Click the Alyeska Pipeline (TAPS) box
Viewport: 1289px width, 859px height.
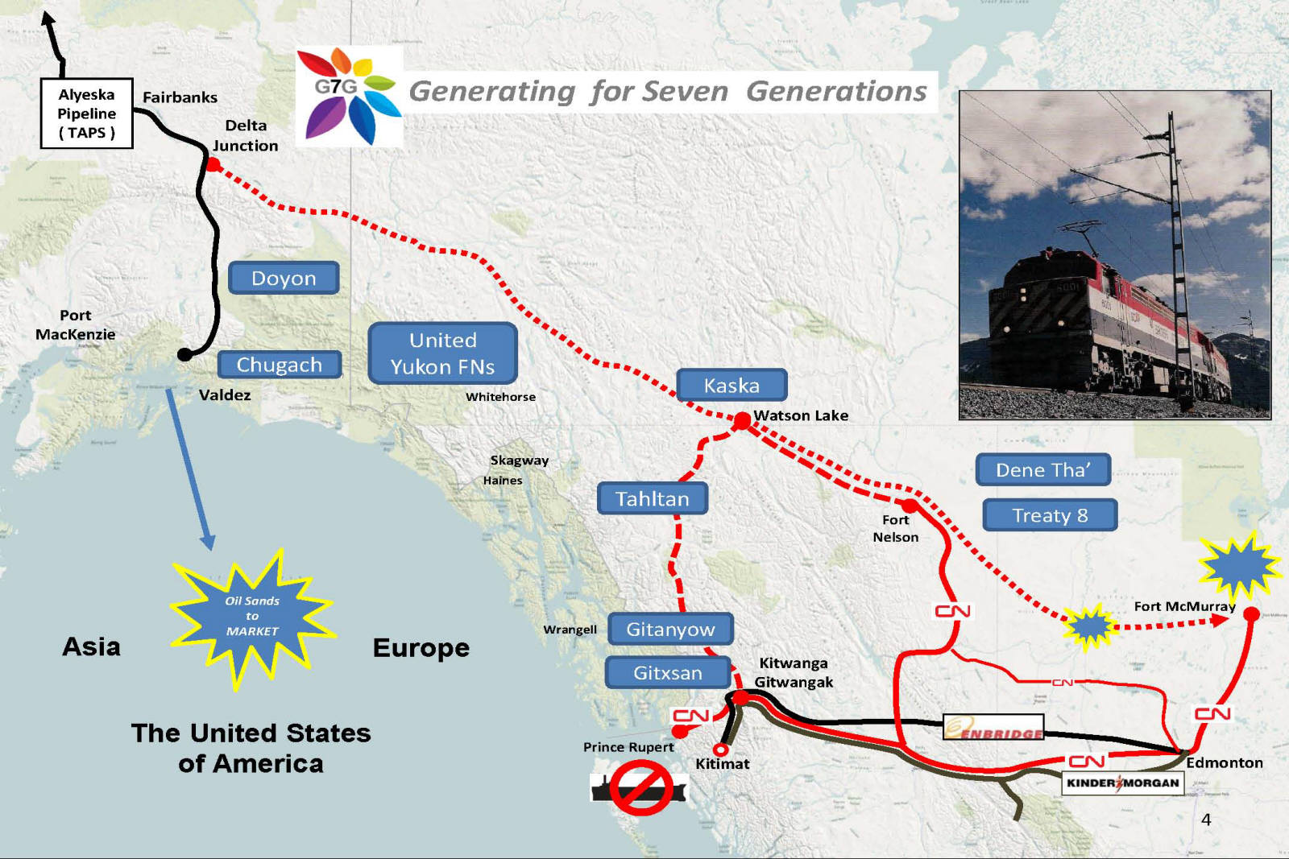(86, 114)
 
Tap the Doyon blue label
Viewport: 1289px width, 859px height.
(284, 278)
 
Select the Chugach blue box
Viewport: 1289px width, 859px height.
(279, 365)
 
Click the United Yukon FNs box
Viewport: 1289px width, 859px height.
(442, 353)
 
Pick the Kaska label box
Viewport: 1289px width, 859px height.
(732, 385)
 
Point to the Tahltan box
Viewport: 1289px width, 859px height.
(653, 498)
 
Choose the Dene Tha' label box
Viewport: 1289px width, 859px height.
(1043, 469)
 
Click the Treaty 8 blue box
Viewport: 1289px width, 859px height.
(1050, 515)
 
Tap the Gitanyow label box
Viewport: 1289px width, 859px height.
(670, 629)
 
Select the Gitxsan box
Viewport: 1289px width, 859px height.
(668, 672)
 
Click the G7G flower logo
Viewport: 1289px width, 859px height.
(349, 96)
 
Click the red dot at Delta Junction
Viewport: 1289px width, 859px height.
(213, 164)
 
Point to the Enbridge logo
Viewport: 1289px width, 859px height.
(993, 727)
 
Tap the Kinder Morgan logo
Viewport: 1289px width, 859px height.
(1122, 783)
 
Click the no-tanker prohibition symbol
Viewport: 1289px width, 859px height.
(640, 789)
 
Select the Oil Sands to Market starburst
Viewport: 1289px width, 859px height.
(252, 617)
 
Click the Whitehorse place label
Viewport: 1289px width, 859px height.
(500, 397)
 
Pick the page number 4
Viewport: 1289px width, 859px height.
(1206, 820)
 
